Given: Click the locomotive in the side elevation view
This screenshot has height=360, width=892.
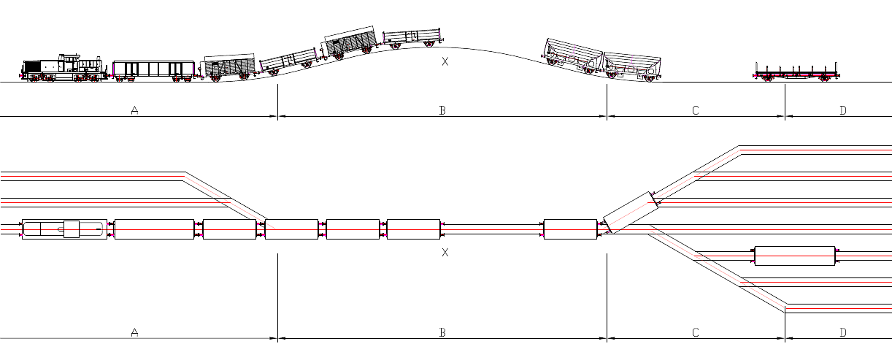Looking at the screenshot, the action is point(64,68).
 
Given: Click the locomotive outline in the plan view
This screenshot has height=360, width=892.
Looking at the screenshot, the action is point(64,229).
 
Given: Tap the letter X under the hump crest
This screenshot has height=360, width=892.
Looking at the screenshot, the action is point(445,61).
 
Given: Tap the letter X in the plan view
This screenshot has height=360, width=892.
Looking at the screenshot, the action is point(445,252).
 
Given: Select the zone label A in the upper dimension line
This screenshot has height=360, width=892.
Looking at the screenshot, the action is point(134,110).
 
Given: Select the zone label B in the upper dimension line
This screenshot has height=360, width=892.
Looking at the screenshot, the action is point(442,110).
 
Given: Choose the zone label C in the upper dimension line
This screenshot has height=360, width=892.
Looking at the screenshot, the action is point(696,110).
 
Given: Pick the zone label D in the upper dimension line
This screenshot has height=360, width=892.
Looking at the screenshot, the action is point(843,110).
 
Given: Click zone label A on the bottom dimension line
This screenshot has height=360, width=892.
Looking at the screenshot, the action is point(134,332).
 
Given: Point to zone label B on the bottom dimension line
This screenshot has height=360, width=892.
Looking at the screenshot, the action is point(442,332).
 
